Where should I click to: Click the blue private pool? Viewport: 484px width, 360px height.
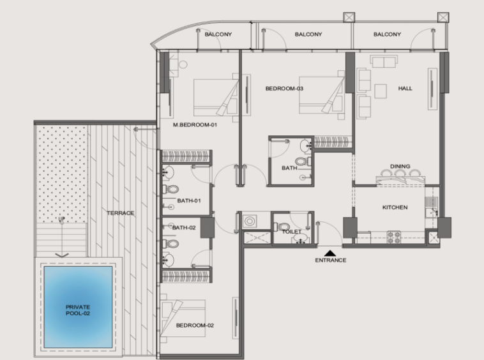(78, 307)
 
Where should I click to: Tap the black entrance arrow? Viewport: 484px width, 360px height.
(331, 253)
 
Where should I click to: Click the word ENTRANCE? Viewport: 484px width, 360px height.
(331, 260)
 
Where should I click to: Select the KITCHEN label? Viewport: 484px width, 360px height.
(395, 207)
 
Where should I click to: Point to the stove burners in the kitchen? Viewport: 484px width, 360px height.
(394, 237)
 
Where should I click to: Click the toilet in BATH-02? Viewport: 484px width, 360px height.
(170, 244)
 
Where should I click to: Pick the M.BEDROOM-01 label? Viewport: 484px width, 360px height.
(195, 125)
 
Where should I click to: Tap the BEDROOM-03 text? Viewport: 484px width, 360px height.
(284, 89)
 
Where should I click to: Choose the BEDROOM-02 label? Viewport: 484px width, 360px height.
(195, 326)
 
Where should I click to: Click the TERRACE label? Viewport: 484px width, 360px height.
(121, 213)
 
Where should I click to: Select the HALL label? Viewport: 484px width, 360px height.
(405, 89)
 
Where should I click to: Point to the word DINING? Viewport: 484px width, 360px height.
(400, 166)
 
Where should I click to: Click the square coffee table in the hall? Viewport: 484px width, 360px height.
(381, 91)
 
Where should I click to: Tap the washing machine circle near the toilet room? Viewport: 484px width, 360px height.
(250, 221)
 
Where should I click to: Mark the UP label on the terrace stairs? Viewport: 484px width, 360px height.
(62, 219)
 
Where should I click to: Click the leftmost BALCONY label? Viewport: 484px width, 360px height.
(218, 34)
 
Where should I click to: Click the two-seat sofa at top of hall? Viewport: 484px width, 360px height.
(384, 61)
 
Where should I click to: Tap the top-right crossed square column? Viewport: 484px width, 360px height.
(443, 18)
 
